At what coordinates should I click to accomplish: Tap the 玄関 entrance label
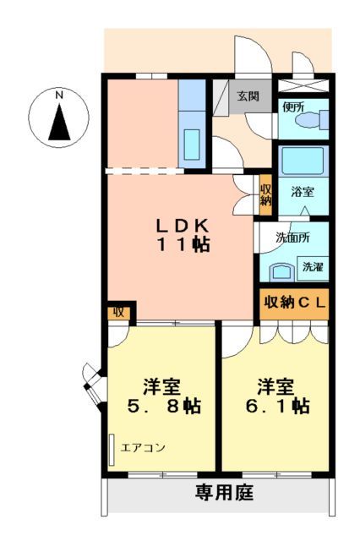coord(247,96)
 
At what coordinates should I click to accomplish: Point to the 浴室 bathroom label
coord(303,191)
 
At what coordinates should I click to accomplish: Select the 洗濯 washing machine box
coord(312,267)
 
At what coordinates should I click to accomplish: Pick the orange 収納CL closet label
coord(292,302)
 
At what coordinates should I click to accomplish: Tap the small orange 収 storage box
coord(118,312)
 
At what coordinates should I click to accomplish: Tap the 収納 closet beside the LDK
coord(265,195)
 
